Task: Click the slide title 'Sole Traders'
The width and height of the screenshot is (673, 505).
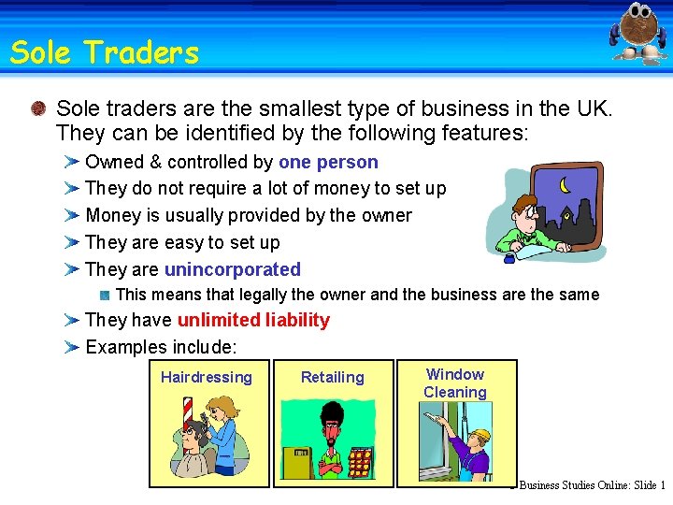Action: [x=105, y=52]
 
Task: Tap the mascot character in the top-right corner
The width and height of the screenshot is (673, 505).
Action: [x=639, y=33]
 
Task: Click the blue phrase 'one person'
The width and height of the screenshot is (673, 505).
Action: [x=328, y=162]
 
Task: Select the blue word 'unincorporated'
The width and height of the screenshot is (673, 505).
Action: [x=232, y=269]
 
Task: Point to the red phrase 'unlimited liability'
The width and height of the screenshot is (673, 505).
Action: [x=253, y=320]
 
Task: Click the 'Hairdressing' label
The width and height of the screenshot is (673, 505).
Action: [x=207, y=377]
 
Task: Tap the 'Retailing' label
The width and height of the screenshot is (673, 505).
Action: [x=332, y=377]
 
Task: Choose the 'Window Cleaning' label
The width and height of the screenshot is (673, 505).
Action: [x=455, y=383]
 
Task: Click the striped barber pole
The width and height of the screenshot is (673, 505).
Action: [x=187, y=416]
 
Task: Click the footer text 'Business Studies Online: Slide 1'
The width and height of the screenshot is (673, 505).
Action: [x=593, y=485]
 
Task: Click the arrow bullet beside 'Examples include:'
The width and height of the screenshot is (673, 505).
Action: [x=71, y=347]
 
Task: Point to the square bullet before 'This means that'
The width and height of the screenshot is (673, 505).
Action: [x=105, y=295]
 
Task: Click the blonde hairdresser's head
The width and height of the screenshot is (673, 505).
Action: [x=221, y=408]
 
